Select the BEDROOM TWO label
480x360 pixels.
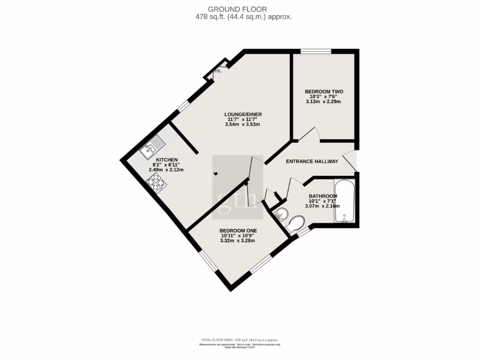(x=324, y=91)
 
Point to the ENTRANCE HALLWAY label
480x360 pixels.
(x=312, y=162)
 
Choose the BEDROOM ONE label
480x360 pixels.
(x=238, y=231)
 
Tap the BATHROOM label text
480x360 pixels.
(x=322, y=196)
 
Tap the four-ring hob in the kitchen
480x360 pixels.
(x=157, y=183)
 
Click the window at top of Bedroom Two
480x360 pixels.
(x=315, y=51)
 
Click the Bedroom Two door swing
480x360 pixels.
(x=310, y=134)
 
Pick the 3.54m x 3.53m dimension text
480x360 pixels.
(x=242, y=125)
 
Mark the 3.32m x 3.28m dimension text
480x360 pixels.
(x=238, y=241)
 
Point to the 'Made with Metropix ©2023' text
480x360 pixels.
(x=240, y=347)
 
